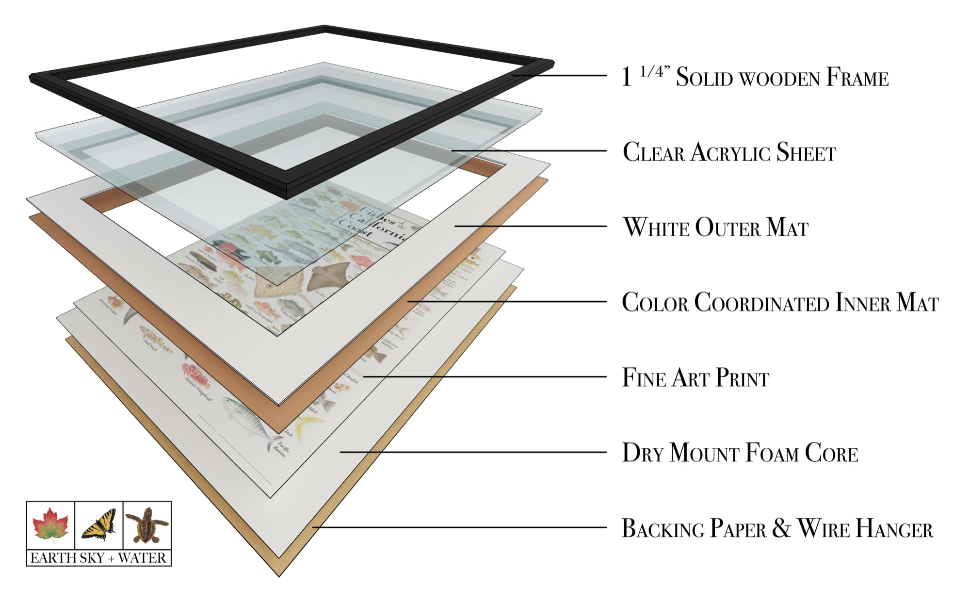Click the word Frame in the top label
pyautogui.click(x=857, y=78)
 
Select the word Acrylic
pyautogui.click(x=730, y=152)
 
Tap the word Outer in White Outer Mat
pyautogui.click(x=727, y=228)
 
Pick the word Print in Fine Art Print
pyautogui.click(x=742, y=378)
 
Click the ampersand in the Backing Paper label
pyautogui.click(x=781, y=528)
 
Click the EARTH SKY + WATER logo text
pyautogui.click(x=98, y=558)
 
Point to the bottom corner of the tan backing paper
pyautogui.click(x=279, y=575)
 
